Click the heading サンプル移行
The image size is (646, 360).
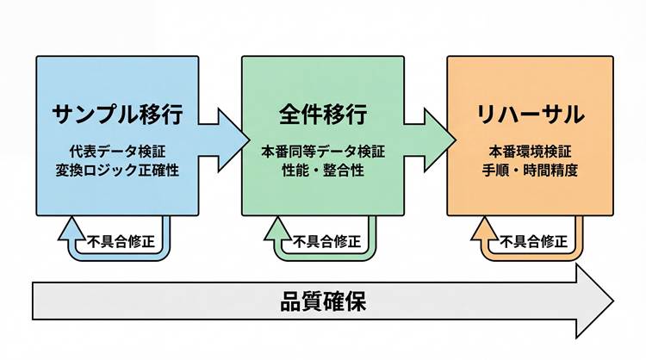click(118, 115)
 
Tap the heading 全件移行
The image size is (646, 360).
click(323, 115)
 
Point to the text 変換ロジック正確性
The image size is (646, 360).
click(118, 171)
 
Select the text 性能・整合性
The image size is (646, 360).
click(323, 171)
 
